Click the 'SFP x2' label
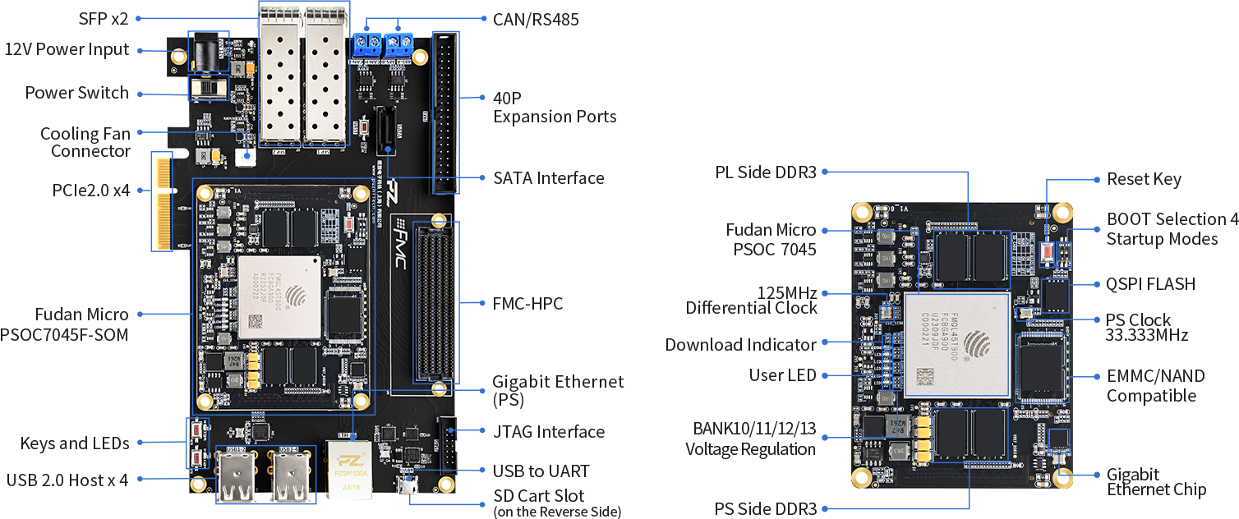point(104,17)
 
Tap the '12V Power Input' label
point(67,49)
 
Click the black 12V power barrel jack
point(205,54)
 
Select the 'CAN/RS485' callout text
point(536,19)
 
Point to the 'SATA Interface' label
point(548,177)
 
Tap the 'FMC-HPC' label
point(527,304)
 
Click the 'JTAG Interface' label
point(548,431)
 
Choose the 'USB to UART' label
point(541,471)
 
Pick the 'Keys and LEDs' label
point(75,443)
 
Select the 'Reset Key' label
point(1144,179)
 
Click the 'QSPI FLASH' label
point(1150,284)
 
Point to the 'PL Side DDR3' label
point(766,172)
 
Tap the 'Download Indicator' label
point(740,345)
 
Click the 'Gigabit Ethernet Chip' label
point(1155,482)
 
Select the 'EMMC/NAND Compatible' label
point(1155,386)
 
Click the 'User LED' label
point(782,375)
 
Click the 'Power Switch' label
point(76,92)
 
